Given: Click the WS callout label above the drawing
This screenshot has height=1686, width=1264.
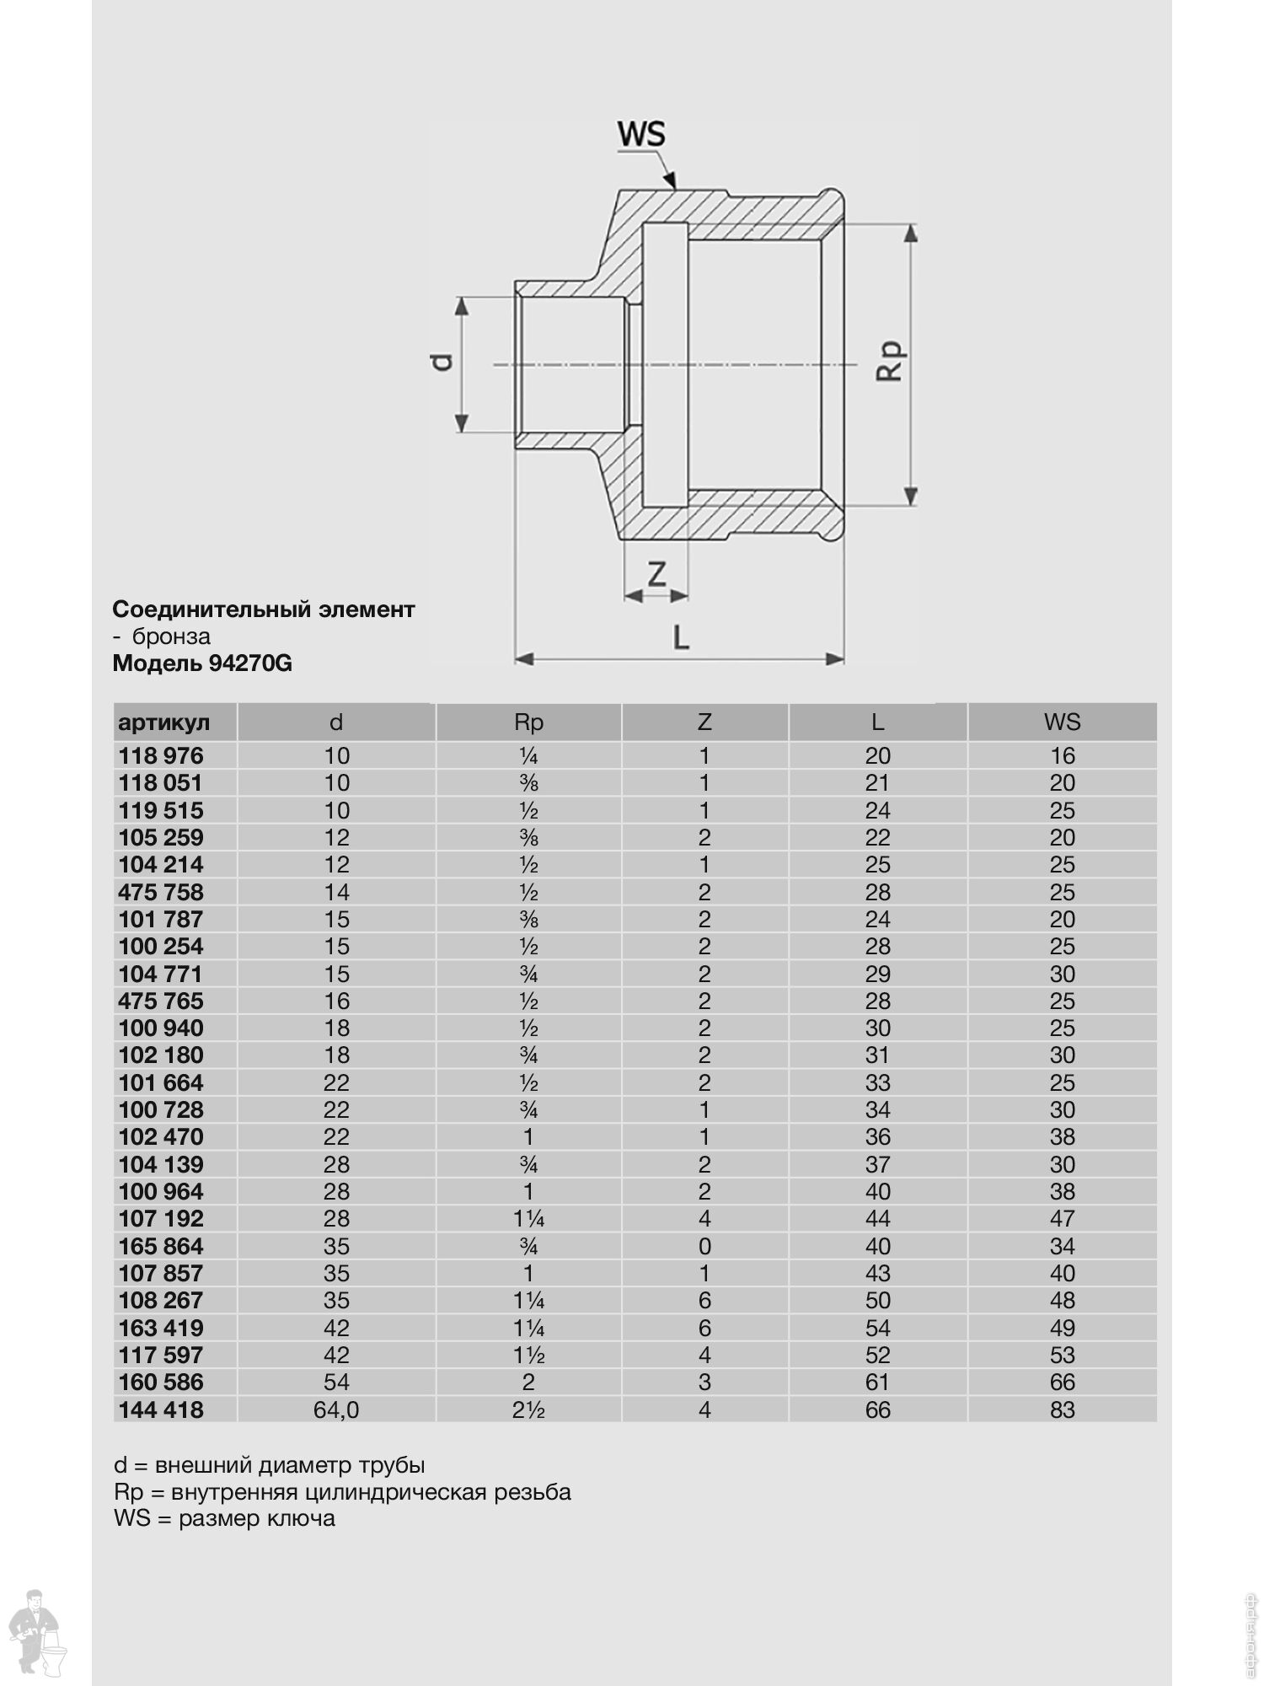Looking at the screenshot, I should tap(641, 134).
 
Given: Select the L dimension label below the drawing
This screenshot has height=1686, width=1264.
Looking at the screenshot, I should tap(681, 637).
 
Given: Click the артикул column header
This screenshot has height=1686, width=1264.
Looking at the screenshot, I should tap(164, 722).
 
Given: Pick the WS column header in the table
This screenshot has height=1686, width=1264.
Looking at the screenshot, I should tap(1062, 722).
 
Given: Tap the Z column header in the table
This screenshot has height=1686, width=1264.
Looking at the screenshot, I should tap(704, 722).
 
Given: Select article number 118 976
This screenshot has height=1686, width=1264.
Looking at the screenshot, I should tap(161, 755).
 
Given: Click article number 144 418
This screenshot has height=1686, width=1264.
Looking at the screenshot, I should tap(161, 1409).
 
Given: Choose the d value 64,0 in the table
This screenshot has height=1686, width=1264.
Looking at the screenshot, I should tap(336, 1409).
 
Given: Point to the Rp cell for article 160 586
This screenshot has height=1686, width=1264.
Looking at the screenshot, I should tap(528, 1382).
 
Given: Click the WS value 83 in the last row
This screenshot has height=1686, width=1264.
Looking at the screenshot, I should tap(1062, 1409).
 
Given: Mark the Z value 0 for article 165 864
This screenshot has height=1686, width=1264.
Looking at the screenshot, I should tap(704, 1246).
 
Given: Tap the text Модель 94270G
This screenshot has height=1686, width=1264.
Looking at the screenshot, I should tap(202, 663).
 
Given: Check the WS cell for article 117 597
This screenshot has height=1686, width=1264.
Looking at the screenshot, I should tap(1062, 1355).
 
